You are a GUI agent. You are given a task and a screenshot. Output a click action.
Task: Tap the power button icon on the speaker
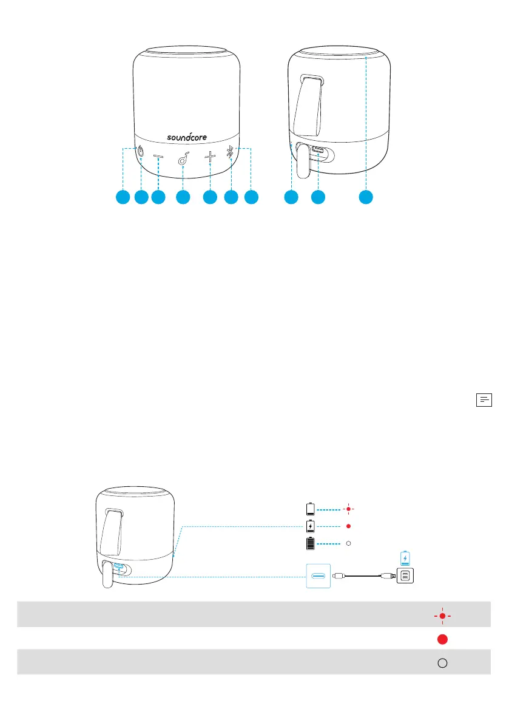click(141, 153)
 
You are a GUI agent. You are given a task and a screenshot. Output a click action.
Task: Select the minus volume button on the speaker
click(158, 158)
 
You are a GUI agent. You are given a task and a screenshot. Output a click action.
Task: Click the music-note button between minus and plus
click(183, 160)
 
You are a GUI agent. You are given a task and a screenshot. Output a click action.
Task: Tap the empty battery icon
click(311, 508)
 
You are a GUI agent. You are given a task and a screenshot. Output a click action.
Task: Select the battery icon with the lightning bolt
click(311, 526)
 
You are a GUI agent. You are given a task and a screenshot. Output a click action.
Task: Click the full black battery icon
click(311, 543)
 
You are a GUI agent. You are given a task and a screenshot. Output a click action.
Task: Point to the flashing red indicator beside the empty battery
click(348, 508)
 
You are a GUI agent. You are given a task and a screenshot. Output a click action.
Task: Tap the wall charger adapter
click(405, 575)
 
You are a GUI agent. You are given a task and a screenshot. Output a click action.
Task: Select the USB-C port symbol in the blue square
click(319, 575)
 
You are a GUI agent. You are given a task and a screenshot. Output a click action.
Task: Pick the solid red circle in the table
click(443, 639)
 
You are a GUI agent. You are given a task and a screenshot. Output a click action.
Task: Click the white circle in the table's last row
click(443, 663)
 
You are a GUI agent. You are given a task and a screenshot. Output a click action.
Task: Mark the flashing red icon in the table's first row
click(443, 616)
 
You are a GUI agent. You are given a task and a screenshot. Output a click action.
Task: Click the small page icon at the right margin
click(484, 399)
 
